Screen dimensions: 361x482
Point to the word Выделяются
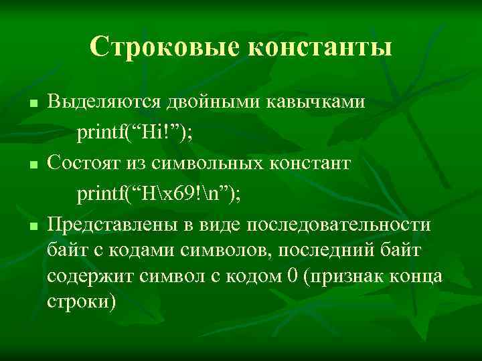click(102, 102)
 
